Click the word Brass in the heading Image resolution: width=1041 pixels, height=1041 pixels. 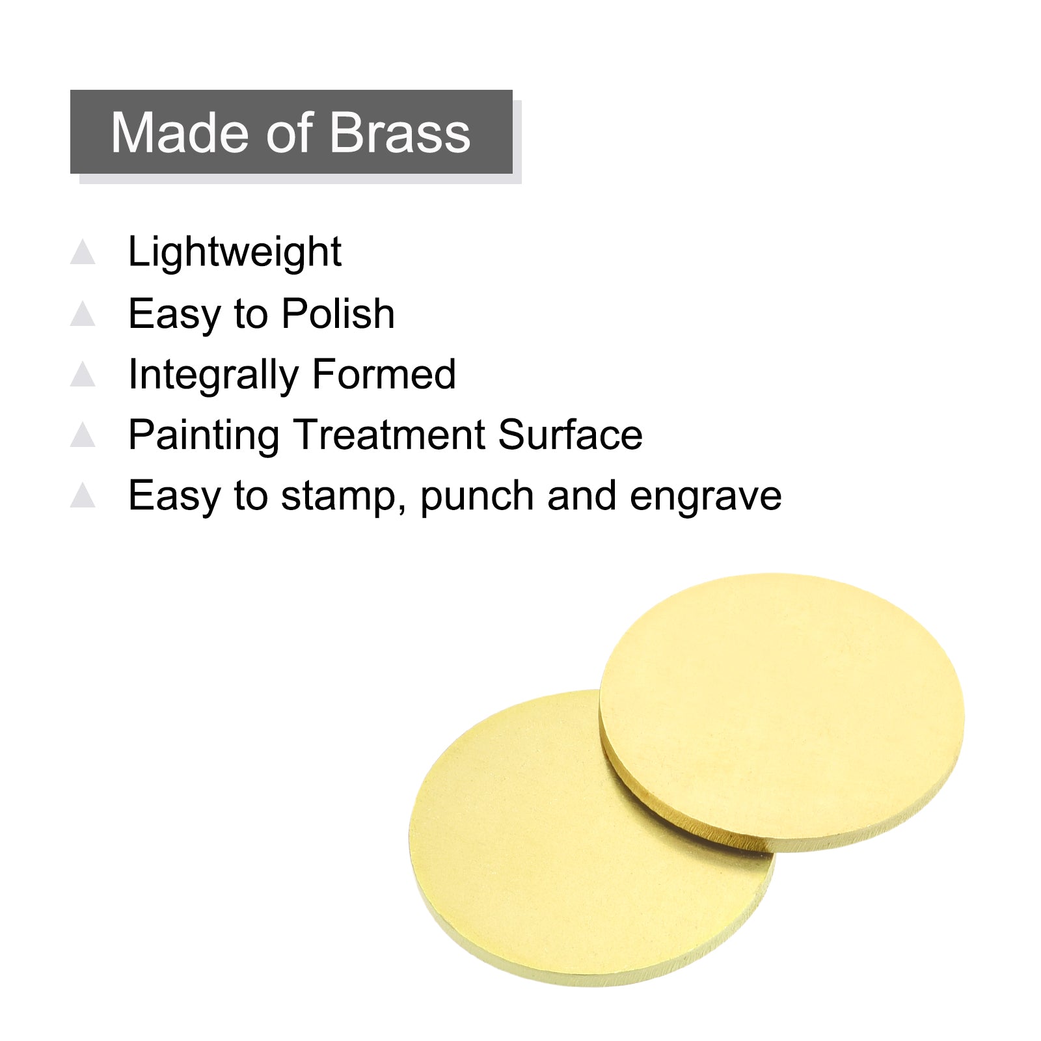(x=400, y=133)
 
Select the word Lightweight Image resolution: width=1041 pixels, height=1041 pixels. (x=235, y=252)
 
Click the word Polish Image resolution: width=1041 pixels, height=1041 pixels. (x=338, y=314)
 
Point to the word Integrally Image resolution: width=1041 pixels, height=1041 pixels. (x=213, y=375)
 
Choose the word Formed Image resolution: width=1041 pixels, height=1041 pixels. (x=384, y=374)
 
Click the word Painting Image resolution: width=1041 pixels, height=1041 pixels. (x=204, y=436)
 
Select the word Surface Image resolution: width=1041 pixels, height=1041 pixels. (x=571, y=435)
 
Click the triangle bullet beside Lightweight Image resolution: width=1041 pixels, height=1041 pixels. (x=83, y=252)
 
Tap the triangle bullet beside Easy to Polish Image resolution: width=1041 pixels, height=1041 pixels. (x=83, y=313)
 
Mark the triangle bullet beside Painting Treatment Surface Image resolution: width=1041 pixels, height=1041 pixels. (x=83, y=435)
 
